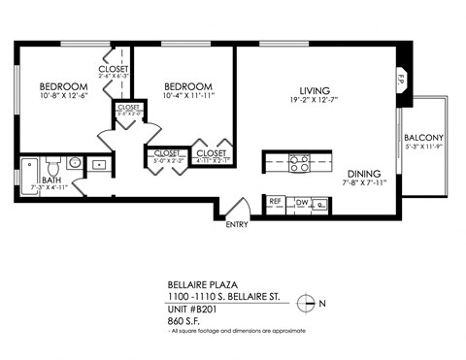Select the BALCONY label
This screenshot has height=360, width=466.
(424, 138)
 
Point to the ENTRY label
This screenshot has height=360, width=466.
(237, 225)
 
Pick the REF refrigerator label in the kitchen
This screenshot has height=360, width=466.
(276, 202)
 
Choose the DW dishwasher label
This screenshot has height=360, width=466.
(302, 202)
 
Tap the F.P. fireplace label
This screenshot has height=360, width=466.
(401, 81)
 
